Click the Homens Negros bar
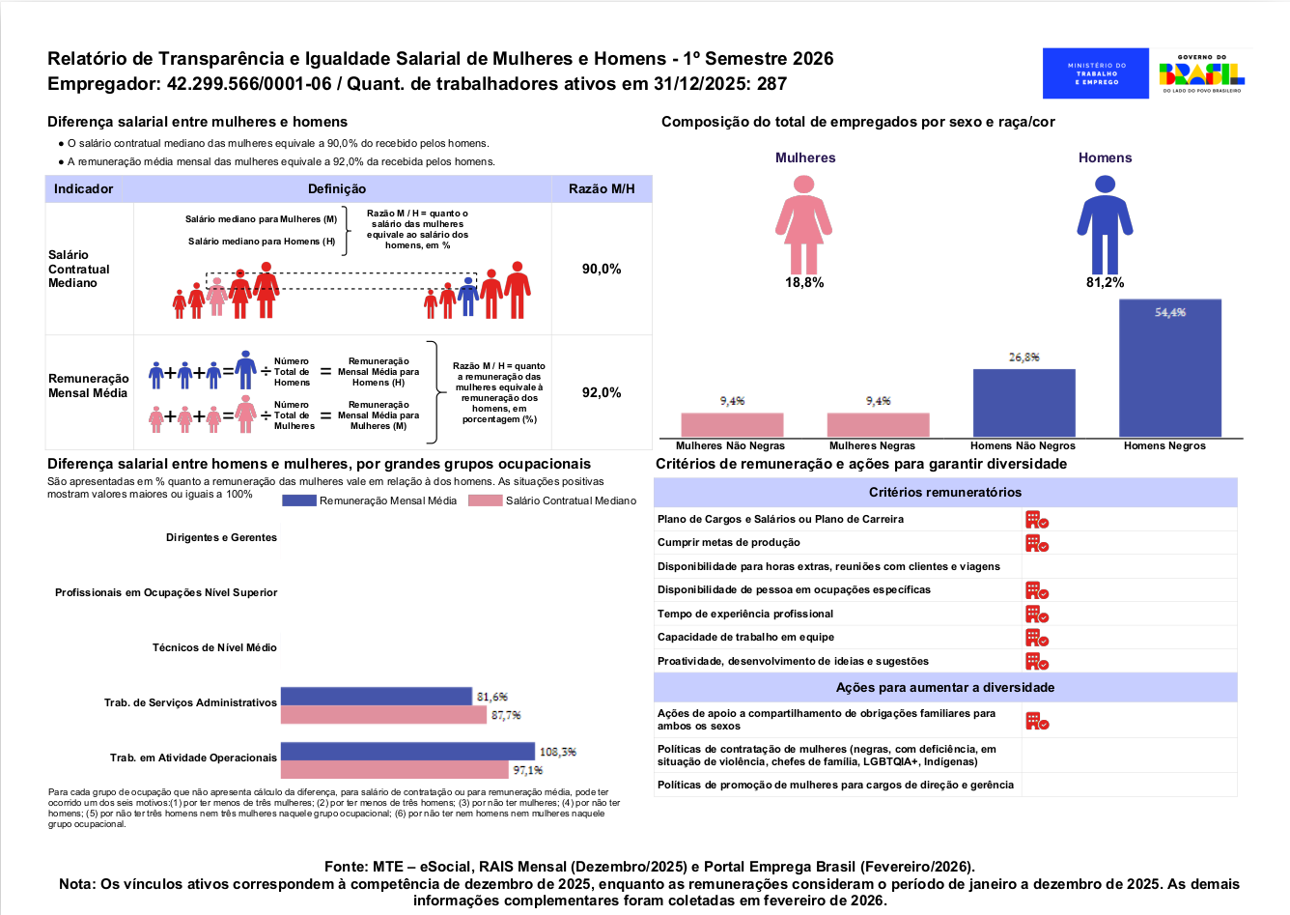coord(1169,368)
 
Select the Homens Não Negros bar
coord(1024,403)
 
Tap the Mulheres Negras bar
coord(878,425)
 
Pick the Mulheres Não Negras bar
coord(732,425)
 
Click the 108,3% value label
coord(557,752)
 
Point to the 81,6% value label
coord(491,697)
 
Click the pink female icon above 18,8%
coord(803,233)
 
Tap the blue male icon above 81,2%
coord(1105,233)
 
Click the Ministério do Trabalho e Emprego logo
coord(1096,73)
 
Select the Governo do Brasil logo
coord(1201,73)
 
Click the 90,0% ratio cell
coord(602,269)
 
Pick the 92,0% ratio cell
coord(602,392)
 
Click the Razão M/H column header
coord(602,188)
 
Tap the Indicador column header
coord(84,188)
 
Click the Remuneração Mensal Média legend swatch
coord(299,500)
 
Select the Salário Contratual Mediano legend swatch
coord(486,500)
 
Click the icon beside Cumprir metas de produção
coord(1036,543)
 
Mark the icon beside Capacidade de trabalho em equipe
coord(1036,638)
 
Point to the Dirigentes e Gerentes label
coord(221,537)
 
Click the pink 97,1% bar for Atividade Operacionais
coord(394,770)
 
